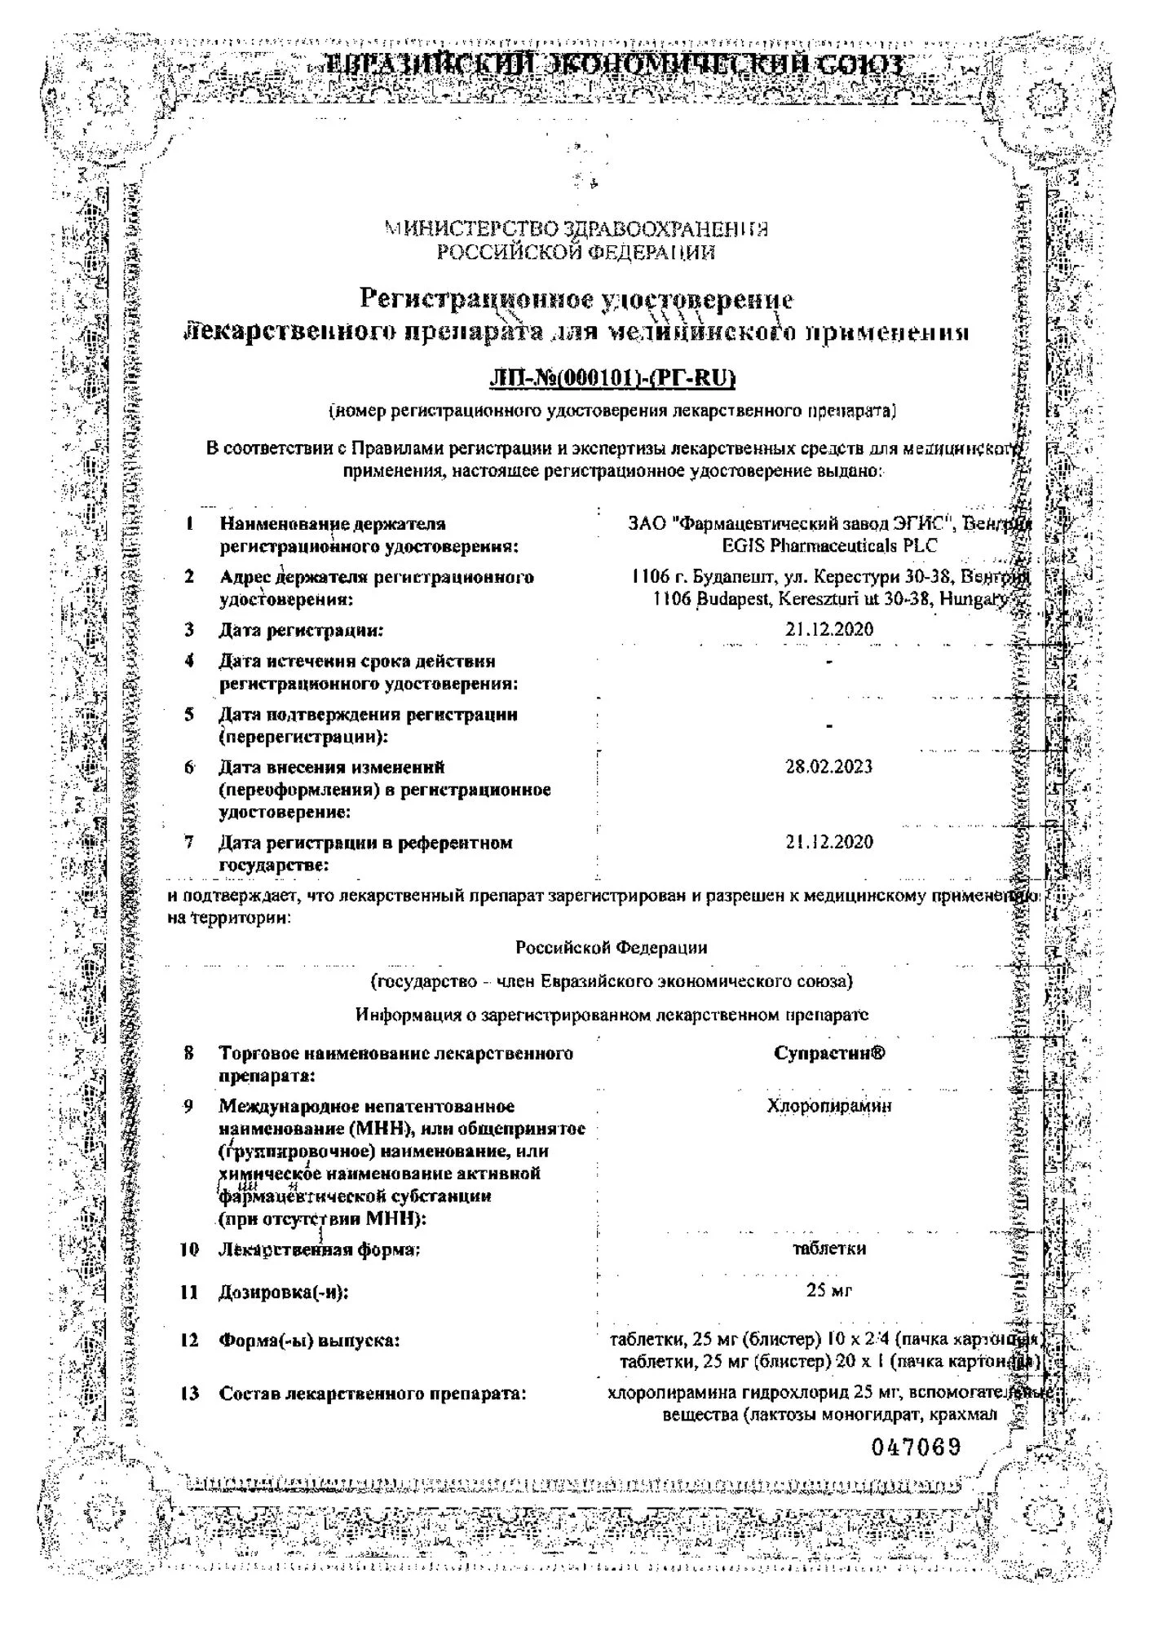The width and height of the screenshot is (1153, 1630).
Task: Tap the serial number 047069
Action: pyautogui.click(x=916, y=1447)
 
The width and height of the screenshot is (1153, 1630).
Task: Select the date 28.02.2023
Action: pyautogui.click(x=828, y=766)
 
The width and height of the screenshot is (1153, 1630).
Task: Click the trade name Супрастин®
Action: pyautogui.click(x=828, y=1053)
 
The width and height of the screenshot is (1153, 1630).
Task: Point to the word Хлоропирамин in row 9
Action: pyautogui.click(x=828, y=1106)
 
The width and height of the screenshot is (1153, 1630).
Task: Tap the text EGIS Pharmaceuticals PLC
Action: pyautogui.click(x=828, y=545)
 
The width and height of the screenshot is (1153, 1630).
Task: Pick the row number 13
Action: pyautogui.click(x=189, y=1393)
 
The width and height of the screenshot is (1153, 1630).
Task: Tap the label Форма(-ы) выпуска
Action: pyautogui.click(x=309, y=1340)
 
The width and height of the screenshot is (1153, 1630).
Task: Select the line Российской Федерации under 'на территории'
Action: pyautogui.click(x=611, y=947)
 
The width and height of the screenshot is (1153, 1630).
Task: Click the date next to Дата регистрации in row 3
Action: pyautogui.click(x=828, y=629)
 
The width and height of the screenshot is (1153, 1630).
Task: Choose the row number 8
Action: pyautogui.click(x=189, y=1053)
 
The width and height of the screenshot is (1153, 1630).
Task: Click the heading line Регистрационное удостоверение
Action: pyautogui.click(x=576, y=299)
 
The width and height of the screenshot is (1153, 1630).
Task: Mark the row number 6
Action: pyautogui.click(x=189, y=767)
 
